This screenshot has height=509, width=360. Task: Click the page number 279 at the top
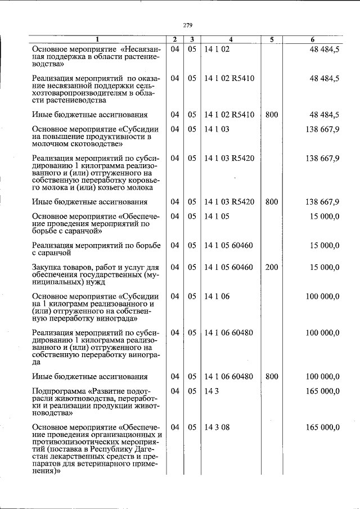click(x=188, y=25)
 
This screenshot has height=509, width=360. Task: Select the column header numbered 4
click(x=231, y=39)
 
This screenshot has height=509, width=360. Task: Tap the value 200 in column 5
click(x=272, y=267)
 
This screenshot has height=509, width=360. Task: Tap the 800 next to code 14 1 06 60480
click(x=272, y=376)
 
